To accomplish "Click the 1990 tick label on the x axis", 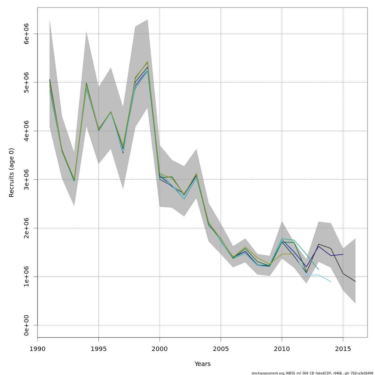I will pos(37,348).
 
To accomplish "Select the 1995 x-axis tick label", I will pos(98,348).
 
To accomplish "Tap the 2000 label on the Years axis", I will pos(160,348).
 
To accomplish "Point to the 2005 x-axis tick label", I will pos(221,348).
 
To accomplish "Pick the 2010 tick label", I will pos(282,348).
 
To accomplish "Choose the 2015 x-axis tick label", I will pos(343,348).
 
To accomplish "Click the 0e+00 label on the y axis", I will pos(26,325).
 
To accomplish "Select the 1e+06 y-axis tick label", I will pos(26,277).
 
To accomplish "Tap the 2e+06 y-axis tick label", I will pos(26,228).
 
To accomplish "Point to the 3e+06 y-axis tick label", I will pos(26,179).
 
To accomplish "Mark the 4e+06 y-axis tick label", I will pos(26,131).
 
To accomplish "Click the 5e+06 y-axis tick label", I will pos(26,82).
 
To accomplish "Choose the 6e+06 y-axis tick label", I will pos(26,34).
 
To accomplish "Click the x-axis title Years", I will pos(202,364).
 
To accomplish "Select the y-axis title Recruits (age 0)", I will pos(12,172).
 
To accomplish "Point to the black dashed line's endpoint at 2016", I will pos(355,281).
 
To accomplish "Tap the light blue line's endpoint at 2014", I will pos(331,282).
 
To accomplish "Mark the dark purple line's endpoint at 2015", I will pos(343,254).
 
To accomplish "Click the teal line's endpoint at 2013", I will pos(318,269).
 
